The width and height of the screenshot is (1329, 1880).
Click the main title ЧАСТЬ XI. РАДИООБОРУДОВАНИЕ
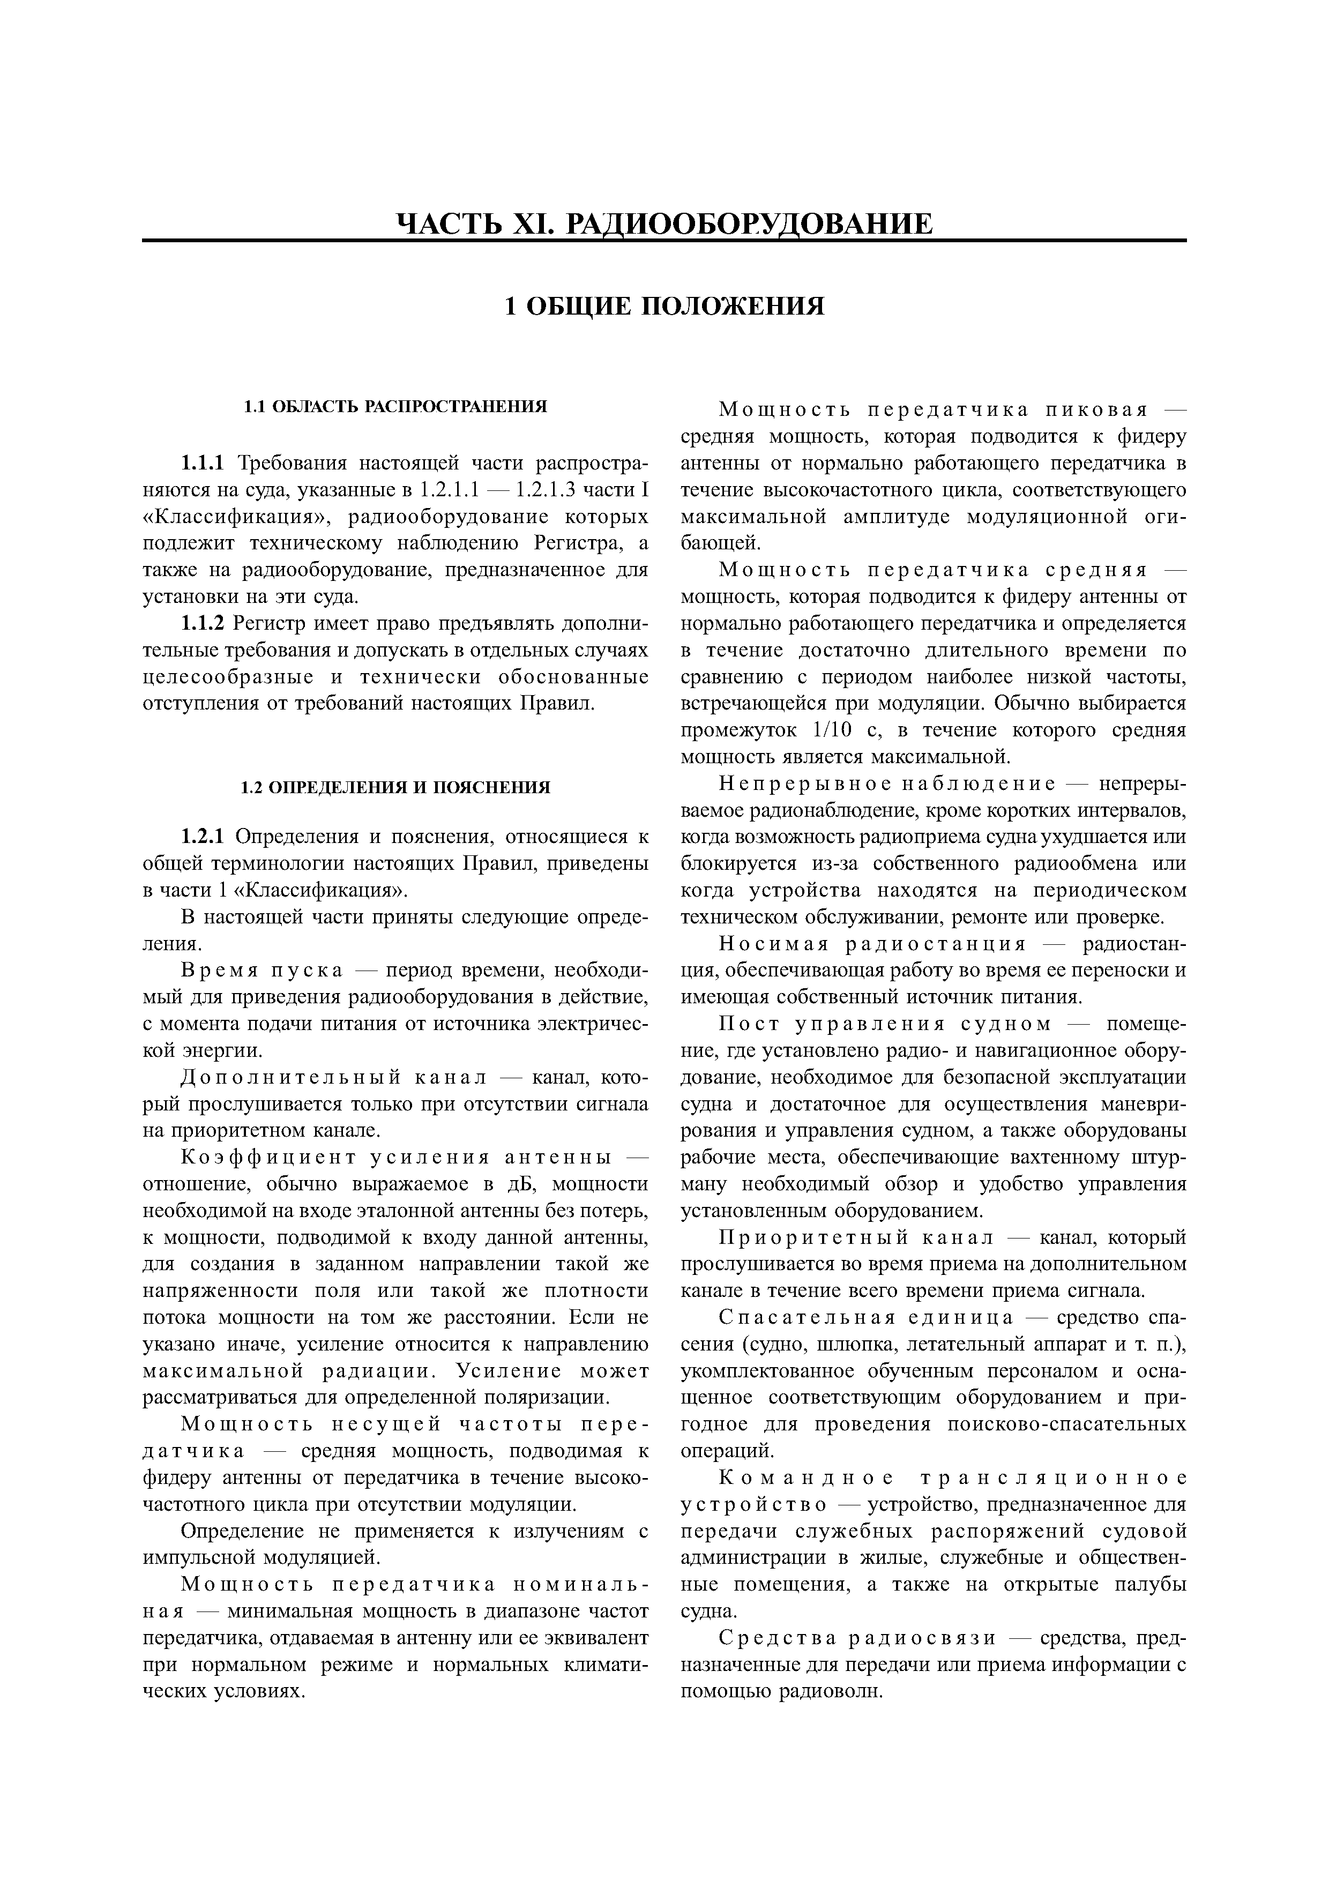coord(664,223)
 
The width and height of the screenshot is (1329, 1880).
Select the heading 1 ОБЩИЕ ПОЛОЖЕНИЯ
coord(664,306)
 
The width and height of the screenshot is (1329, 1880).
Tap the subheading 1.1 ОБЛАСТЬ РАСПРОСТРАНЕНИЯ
coord(395,407)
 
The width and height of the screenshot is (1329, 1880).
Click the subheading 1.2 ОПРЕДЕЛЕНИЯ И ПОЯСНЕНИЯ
coord(395,788)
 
